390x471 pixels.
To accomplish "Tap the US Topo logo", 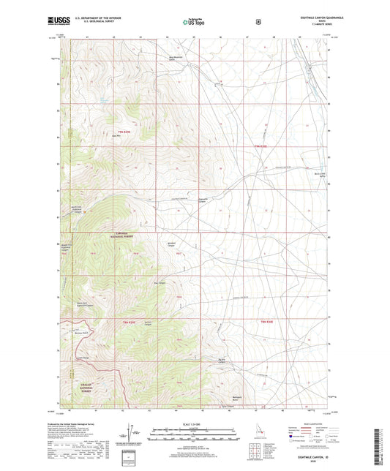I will tap(194, 23).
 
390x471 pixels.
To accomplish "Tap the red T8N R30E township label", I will tap(269, 322).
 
